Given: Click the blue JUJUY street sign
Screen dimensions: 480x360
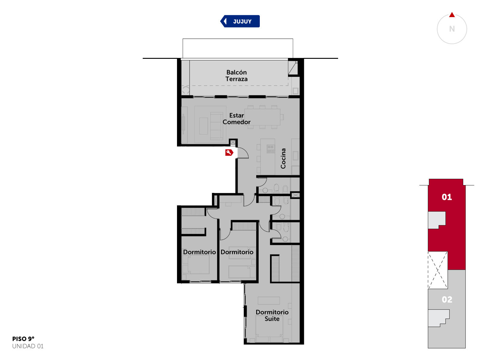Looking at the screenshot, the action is pyautogui.click(x=240, y=21).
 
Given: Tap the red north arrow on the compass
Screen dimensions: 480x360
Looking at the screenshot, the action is pyautogui.click(x=452, y=15).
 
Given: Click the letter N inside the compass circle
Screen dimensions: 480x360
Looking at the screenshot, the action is pyautogui.click(x=452, y=29).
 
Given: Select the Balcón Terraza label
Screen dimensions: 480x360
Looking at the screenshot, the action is pyautogui.click(x=236, y=76).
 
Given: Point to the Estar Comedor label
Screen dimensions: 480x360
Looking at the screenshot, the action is pyautogui.click(x=236, y=119).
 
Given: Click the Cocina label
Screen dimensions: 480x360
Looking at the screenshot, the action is pyautogui.click(x=283, y=158).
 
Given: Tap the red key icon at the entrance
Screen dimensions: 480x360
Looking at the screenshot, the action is pyautogui.click(x=229, y=153).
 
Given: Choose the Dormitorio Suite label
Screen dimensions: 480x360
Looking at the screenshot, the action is pyautogui.click(x=272, y=315).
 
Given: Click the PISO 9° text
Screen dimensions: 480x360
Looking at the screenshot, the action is pyautogui.click(x=23, y=339).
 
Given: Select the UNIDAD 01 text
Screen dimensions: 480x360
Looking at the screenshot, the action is pyautogui.click(x=28, y=346).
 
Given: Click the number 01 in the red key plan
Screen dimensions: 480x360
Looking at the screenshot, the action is pyautogui.click(x=446, y=197).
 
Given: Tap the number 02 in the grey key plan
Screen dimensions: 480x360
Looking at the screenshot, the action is pyautogui.click(x=447, y=299).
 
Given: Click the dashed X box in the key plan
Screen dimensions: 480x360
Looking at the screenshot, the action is pyautogui.click(x=438, y=270).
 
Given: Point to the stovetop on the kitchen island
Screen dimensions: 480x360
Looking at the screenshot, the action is pyautogui.click(x=271, y=149).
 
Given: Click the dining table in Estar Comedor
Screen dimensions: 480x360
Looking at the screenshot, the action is pyautogui.click(x=262, y=117).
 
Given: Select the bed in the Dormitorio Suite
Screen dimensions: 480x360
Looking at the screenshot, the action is pyautogui.click(x=269, y=331).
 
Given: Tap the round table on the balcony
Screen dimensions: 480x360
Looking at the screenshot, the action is pyautogui.click(x=186, y=90).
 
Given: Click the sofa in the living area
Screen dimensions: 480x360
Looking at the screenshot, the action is pyautogui.click(x=216, y=126).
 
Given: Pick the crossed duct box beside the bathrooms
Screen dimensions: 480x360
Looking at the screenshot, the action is pyautogui.click(x=295, y=195).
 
